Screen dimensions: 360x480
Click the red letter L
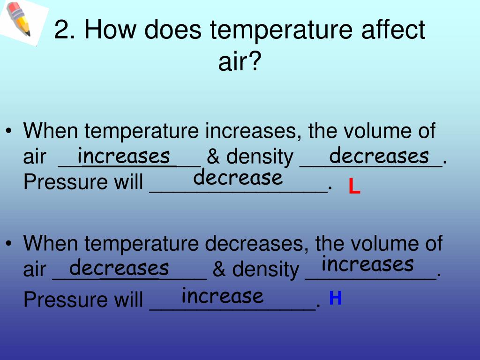(x=354, y=187)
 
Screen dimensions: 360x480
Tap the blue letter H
(x=335, y=298)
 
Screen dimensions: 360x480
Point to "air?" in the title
(x=239, y=61)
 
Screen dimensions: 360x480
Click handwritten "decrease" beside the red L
(x=238, y=178)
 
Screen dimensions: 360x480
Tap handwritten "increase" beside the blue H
(x=223, y=296)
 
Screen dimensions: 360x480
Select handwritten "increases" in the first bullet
(x=124, y=155)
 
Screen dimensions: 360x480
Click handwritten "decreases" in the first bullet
(x=379, y=155)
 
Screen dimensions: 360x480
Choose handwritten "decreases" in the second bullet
(x=119, y=268)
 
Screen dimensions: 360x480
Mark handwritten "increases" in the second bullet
(x=367, y=264)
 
